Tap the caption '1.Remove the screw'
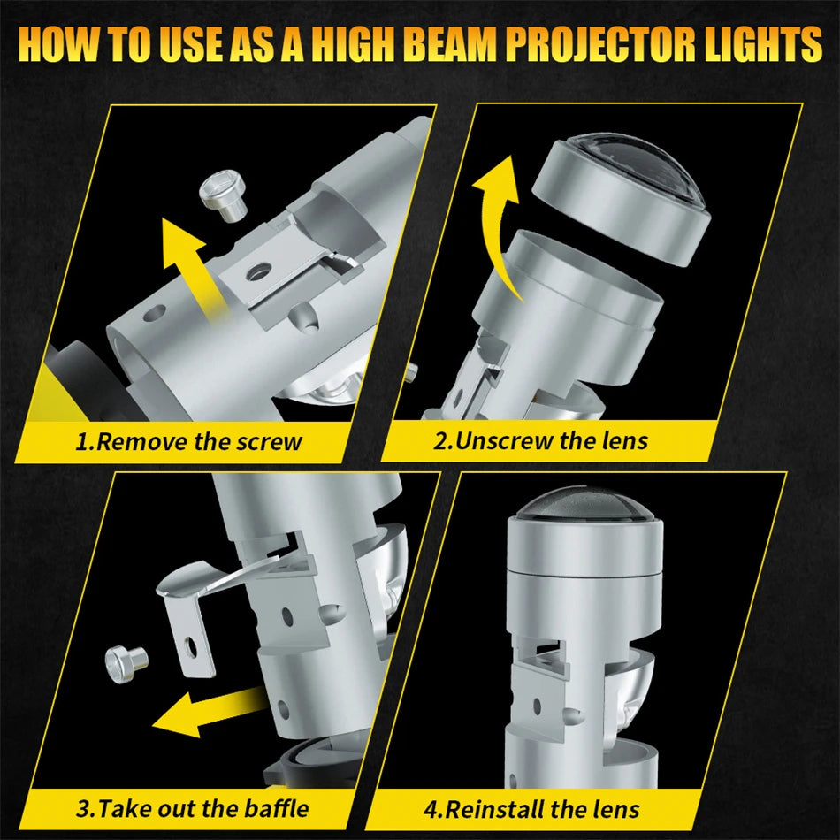point(188,440)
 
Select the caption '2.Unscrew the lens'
point(539,439)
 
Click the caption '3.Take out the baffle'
point(193,807)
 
